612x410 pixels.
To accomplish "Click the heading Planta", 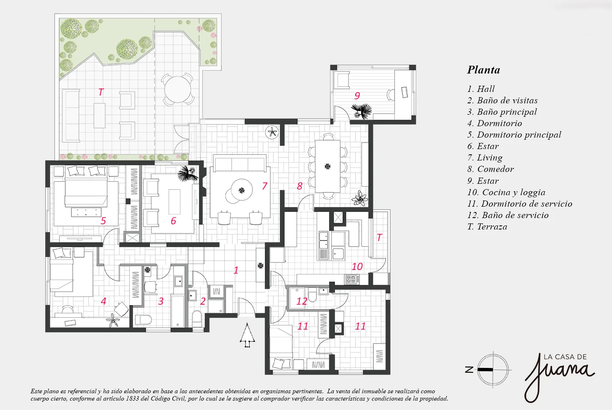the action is coord(483,70).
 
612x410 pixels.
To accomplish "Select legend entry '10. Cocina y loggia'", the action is coord(506,192).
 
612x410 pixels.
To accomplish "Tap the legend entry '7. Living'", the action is coord(485,158).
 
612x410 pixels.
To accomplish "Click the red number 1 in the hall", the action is coord(236,270).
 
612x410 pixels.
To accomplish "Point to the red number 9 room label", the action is coord(357,96).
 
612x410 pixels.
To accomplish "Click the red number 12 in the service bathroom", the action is coord(302,301).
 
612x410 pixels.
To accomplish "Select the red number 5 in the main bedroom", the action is coord(103,221).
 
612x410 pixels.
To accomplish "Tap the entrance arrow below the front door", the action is coord(247,335).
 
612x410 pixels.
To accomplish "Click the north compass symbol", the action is coord(489,370).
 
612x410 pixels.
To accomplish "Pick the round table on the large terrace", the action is coord(178,89).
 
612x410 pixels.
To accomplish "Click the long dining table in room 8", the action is coord(328,166).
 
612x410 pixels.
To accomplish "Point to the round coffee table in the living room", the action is coord(242,190).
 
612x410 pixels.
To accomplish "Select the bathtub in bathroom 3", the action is coord(178,311).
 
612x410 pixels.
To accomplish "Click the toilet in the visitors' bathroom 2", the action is coord(197,319).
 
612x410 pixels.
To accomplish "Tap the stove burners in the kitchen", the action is coord(352,279).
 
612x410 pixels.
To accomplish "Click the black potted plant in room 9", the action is coord(361,111).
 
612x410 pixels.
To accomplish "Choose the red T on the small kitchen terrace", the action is coord(379,237).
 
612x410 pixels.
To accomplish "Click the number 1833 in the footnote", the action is coord(133,399).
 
